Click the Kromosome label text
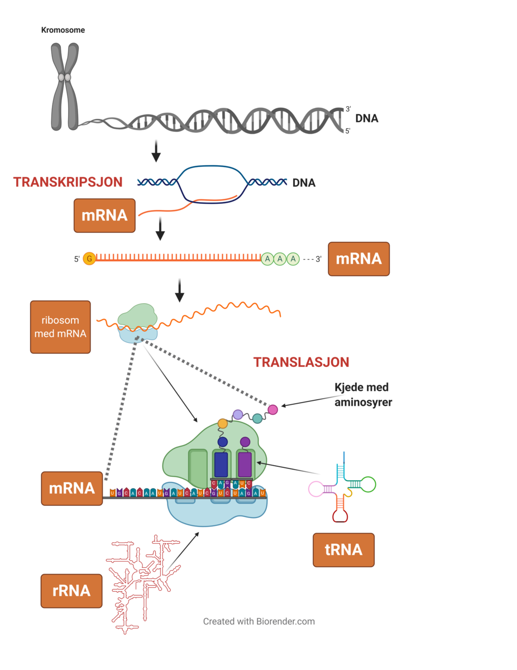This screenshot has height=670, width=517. (63, 30)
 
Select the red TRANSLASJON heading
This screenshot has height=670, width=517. (301, 362)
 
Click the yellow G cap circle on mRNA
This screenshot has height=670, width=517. (89, 259)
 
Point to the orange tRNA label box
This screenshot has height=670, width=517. (343, 550)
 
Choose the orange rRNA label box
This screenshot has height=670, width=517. (71, 591)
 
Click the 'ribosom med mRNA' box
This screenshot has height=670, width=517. (60, 327)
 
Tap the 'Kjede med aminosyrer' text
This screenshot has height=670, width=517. (362, 395)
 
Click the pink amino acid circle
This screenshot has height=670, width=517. (272, 409)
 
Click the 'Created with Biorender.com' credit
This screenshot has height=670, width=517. (258, 621)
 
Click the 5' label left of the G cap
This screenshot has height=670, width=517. (77, 259)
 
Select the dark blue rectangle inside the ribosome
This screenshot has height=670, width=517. (221, 463)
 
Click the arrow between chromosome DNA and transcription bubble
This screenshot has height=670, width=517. (156, 151)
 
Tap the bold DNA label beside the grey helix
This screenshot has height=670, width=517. (367, 118)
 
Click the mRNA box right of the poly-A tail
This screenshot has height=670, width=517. (358, 259)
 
